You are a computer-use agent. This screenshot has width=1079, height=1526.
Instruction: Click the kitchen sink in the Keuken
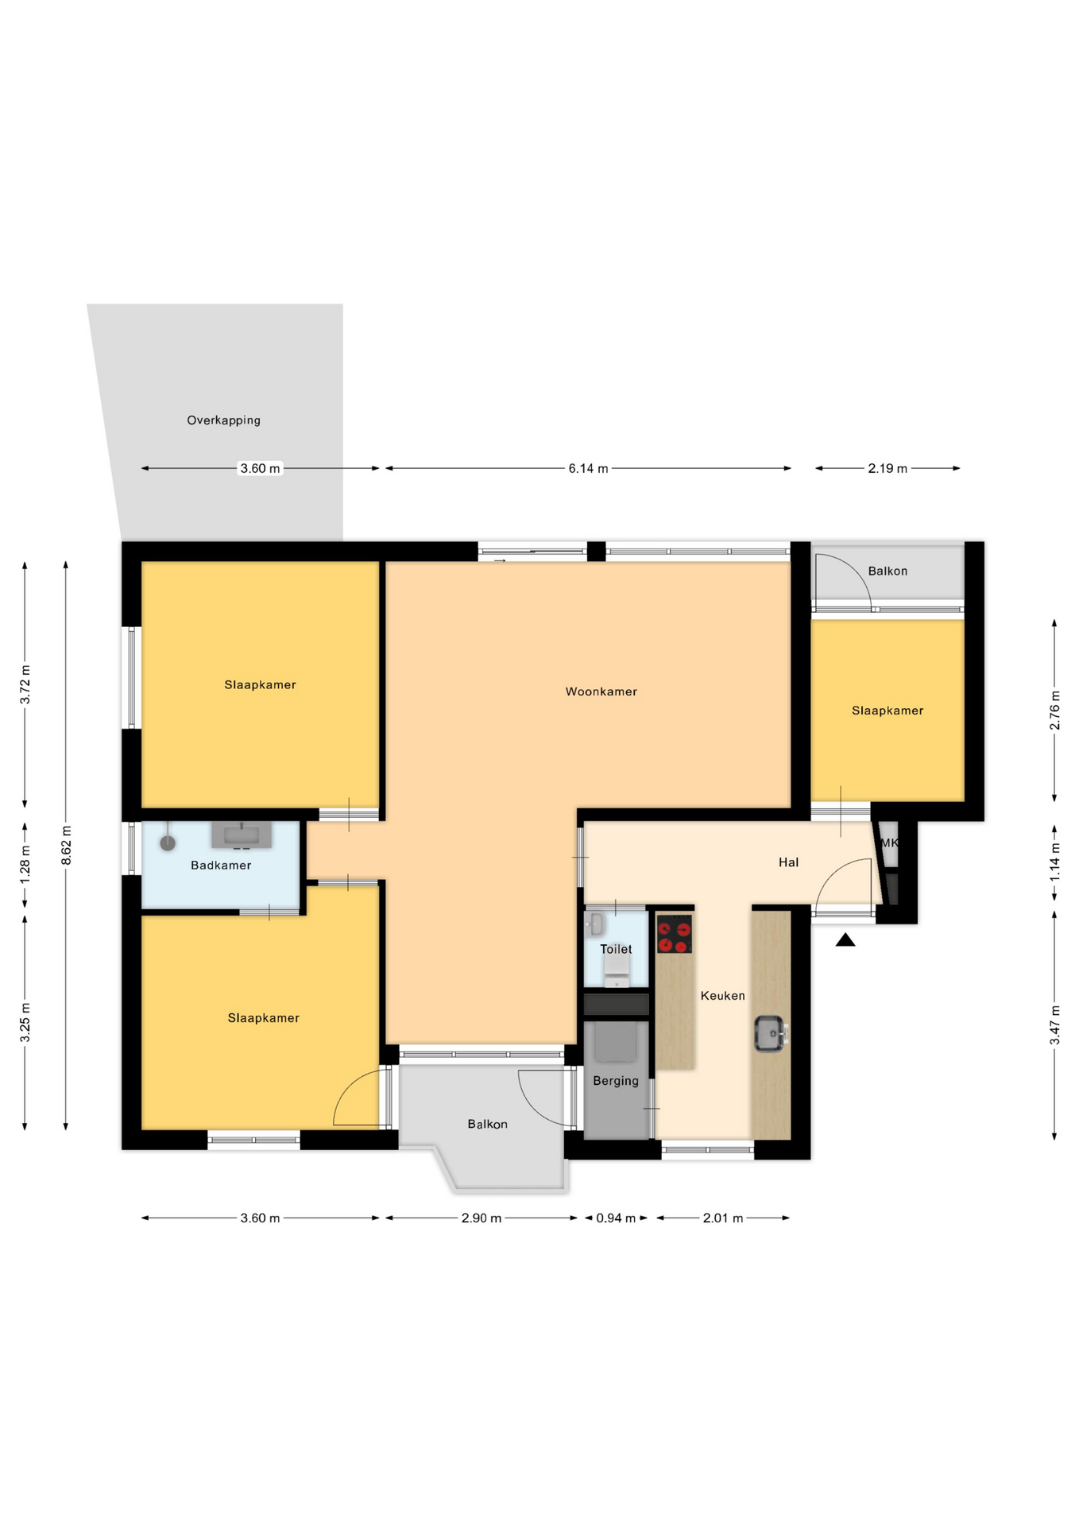coord(770,1033)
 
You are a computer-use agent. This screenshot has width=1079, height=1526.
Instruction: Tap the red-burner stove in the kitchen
coord(675,934)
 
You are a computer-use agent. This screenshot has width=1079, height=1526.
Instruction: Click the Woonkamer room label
coord(601,691)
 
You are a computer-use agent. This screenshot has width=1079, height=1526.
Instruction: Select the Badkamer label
coord(221,865)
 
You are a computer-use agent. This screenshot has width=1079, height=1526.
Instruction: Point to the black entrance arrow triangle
coord(845,939)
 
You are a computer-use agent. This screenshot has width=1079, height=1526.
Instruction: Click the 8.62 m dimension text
coord(67,846)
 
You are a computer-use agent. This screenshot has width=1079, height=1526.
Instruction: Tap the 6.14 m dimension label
coord(588,468)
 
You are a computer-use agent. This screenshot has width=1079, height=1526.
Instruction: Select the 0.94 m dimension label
coord(616,1218)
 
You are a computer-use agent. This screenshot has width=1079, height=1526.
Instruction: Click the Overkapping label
coord(223,420)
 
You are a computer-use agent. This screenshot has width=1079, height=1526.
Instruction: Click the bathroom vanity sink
coord(242,835)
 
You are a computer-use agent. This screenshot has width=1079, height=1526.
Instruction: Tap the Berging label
coord(616,1081)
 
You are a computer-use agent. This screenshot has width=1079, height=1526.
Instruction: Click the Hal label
coord(788,862)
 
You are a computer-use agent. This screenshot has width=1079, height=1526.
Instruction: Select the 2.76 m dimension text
coord(1054,711)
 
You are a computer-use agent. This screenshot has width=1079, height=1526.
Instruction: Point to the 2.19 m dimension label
coord(888,468)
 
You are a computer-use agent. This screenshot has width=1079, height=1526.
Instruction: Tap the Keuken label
coord(723,995)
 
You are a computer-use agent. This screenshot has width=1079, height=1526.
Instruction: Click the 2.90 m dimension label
coord(481,1218)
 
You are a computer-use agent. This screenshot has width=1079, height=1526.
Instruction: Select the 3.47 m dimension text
coord(1054,1025)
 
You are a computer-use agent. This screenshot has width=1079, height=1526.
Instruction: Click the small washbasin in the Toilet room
coord(594,924)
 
